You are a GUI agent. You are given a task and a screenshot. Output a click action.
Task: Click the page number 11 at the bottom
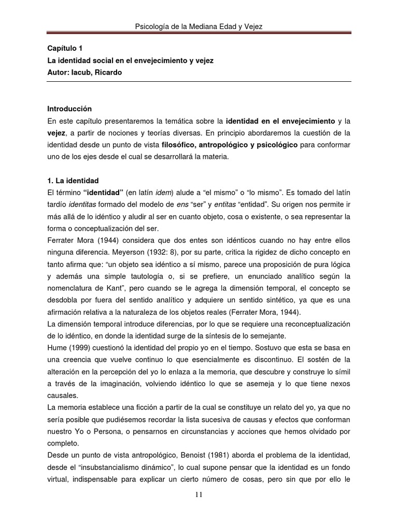click(199, 495)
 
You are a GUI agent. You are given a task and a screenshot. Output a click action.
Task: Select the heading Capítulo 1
click(65, 48)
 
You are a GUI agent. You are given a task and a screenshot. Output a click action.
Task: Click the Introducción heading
click(69, 109)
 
